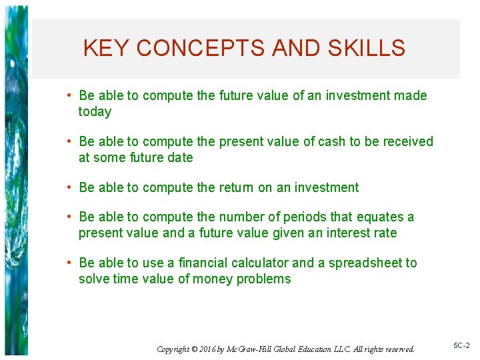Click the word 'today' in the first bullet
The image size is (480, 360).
95,112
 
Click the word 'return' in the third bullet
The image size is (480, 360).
237,187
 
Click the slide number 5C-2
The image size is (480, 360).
462,346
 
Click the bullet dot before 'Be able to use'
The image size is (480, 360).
69,263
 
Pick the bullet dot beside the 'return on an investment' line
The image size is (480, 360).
69,187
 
